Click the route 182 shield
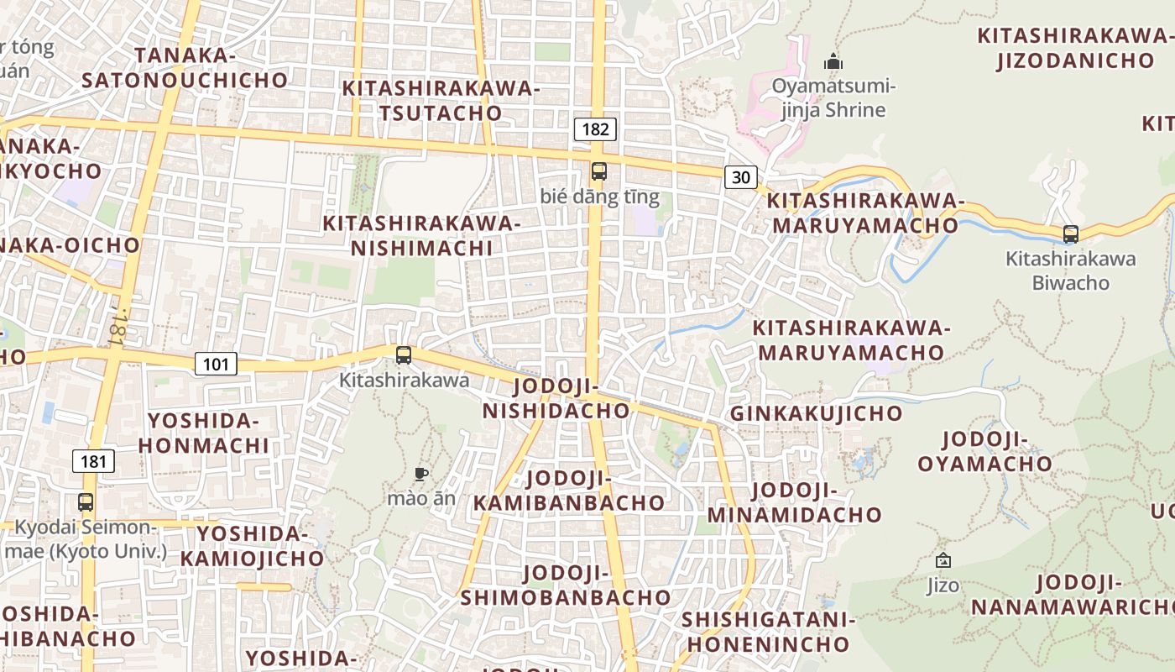click(595, 129)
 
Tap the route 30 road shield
click(741, 176)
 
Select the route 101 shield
click(216, 364)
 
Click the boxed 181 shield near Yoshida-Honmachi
click(94, 460)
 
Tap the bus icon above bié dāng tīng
click(599, 171)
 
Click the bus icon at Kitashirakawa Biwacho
click(1070, 234)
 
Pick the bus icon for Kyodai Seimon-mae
click(86, 502)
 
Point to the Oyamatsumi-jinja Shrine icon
click(833, 61)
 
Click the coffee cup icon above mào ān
click(421, 475)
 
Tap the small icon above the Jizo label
click(943, 560)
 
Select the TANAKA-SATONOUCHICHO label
click(185, 68)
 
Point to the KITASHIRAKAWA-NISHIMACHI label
click(422, 236)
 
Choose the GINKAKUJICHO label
click(816, 413)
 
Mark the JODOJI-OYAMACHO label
click(984, 451)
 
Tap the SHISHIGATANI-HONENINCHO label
click(768, 632)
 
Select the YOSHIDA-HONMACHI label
click(204, 433)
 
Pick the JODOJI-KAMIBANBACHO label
click(569, 491)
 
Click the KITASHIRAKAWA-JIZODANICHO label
click(1075, 48)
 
